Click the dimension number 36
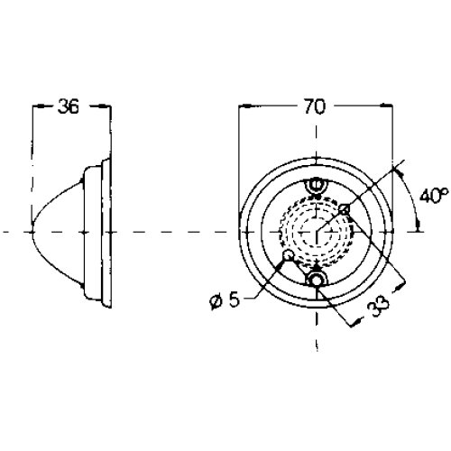pyautogui.click(x=69, y=106)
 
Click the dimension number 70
pyautogui.click(x=315, y=106)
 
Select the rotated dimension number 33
pyautogui.click(x=380, y=306)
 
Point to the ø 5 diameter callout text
pyautogui.click(x=225, y=299)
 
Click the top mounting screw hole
pyautogui.click(x=317, y=185)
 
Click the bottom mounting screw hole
pyautogui.click(x=317, y=281)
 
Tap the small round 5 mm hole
pyautogui.click(x=289, y=255)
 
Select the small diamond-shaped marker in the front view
pyautogui.click(x=345, y=209)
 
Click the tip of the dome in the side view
pyautogui.click(x=32, y=232)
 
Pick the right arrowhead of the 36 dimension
pyautogui.click(x=105, y=106)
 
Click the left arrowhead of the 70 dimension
pyautogui.click(x=244, y=106)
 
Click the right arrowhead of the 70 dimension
pyautogui.click(x=387, y=106)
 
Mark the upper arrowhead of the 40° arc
pyautogui.click(x=399, y=172)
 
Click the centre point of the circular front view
pyautogui.click(x=317, y=232)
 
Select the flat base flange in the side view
pyautogui.click(x=106, y=233)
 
